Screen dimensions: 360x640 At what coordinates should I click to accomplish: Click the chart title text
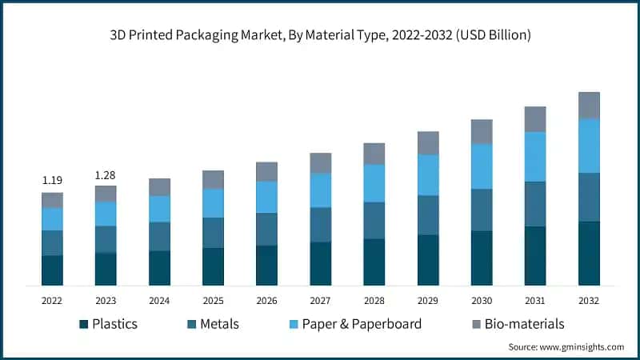(x=320, y=36)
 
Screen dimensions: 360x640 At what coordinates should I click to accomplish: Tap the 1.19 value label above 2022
(x=52, y=181)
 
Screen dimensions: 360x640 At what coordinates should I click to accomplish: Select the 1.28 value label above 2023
(x=106, y=174)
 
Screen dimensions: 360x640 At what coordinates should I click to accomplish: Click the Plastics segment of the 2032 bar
(x=589, y=253)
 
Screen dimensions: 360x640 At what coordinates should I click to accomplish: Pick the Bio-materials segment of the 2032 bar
(x=589, y=105)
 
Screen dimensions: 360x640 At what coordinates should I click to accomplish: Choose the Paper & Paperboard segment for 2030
(x=482, y=166)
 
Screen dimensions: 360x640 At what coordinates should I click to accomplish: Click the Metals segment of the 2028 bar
(x=374, y=220)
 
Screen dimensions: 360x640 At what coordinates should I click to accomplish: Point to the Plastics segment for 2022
(x=52, y=270)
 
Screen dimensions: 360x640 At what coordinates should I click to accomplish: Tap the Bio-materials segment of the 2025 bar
(x=213, y=179)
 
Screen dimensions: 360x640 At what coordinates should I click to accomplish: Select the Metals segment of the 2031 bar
(x=535, y=204)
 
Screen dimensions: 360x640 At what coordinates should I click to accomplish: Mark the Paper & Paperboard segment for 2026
(x=266, y=197)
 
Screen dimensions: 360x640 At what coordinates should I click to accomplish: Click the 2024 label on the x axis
(x=159, y=300)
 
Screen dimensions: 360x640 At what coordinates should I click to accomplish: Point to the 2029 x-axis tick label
(x=428, y=300)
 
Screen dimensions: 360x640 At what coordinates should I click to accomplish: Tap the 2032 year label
(x=589, y=300)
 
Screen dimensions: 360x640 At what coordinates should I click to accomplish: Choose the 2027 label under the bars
(x=320, y=300)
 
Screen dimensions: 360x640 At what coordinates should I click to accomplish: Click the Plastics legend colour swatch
(x=83, y=324)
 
